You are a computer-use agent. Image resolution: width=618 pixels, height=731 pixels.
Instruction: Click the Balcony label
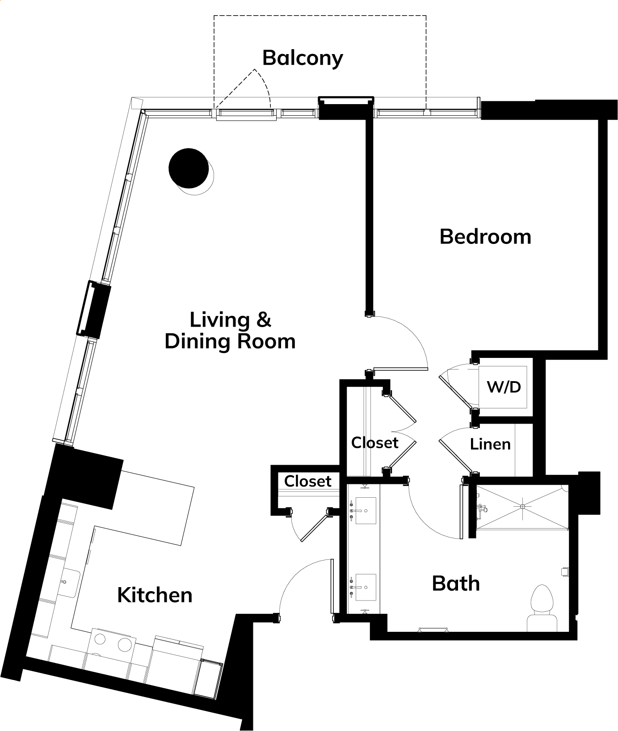pyautogui.click(x=303, y=58)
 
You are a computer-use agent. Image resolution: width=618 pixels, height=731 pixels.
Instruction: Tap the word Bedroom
pyautogui.click(x=485, y=236)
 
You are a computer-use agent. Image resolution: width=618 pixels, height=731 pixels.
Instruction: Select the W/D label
pyautogui.click(x=504, y=387)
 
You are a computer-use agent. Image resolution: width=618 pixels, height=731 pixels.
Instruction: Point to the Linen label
pyautogui.click(x=490, y=444)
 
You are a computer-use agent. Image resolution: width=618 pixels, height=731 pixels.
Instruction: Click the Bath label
pyautogui.click(x=456, y=584)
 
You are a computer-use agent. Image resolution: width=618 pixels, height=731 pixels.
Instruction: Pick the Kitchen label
pyautogui.click(x=155, y=595)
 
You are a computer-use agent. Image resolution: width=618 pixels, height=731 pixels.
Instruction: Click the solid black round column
pyautogui.click(x=188, y=168)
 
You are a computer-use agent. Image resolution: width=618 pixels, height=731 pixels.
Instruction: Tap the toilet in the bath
pyautogui.click(x=542, y=608)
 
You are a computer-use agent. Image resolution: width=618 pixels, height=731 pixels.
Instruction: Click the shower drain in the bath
pyautogui.click(x=522, y=506)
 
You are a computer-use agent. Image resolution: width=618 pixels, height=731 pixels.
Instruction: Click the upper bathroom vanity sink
pyautogui.click(x=365, y=511)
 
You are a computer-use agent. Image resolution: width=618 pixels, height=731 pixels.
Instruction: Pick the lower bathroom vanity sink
pyautogui.click(x=365, y=588)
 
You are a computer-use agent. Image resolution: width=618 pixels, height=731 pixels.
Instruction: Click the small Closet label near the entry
pyautogui.click(x=307, y=481)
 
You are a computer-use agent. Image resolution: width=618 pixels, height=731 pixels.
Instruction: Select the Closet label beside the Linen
pyautogui.click(x=374, y=443)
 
